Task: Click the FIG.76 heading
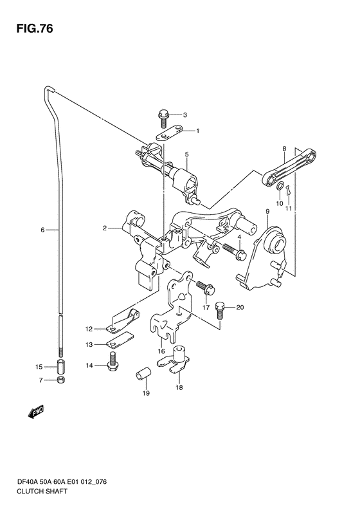(35, 29)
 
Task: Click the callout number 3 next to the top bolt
(185, 115)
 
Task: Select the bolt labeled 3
(163, 118)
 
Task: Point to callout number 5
(187, 154)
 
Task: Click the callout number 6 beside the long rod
(42, 230)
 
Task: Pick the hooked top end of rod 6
(50, 90)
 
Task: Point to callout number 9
(267, 211)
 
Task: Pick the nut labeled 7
(60, 380)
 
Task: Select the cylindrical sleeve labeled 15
(61, 367)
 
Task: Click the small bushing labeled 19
(143, 373)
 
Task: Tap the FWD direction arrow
(35, 412)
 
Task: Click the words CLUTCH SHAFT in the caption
(42, 491)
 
